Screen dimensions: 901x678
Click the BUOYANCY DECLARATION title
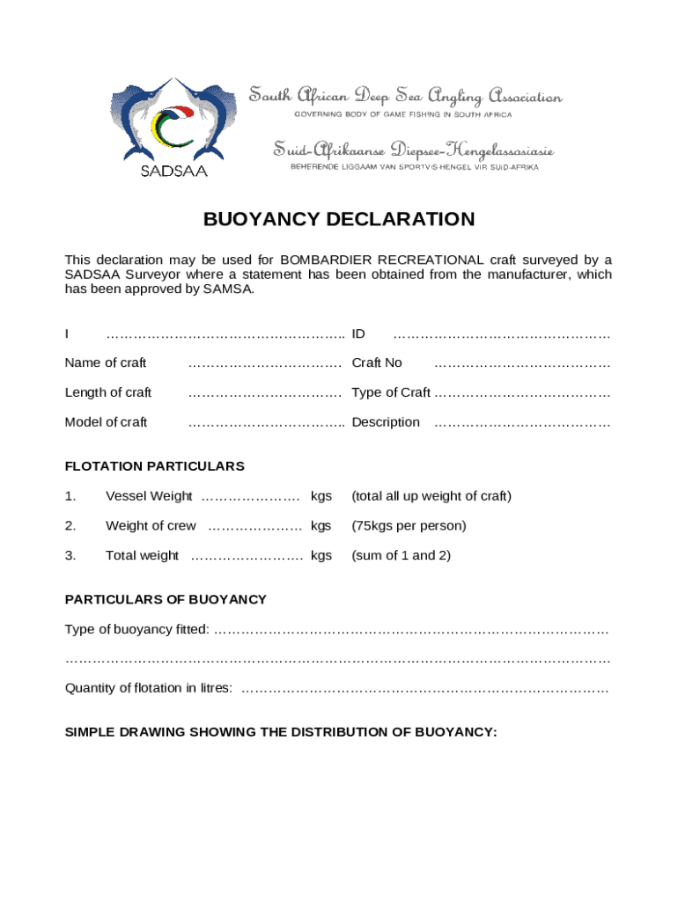click(339, 219)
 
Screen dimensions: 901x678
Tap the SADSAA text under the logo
click(174, 171)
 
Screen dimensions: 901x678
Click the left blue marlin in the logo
click(141, 119)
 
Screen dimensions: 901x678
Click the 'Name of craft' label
click(106, 363)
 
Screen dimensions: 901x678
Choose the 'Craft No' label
click(377, 363)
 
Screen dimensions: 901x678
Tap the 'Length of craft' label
click(108, 392)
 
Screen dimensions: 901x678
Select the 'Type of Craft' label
click(391, 392)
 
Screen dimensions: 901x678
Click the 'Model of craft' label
click(106, 422)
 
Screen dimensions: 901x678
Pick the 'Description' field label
click(386, 422)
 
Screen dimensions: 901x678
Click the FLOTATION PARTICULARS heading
click(155, 466)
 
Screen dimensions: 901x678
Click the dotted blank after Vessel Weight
click(251, 496)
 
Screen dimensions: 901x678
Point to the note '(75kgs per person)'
click(409, 525)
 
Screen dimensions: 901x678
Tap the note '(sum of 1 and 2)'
click(402, 555)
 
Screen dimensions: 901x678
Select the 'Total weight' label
click(142, 555)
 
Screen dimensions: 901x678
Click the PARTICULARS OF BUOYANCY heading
click(166, 599)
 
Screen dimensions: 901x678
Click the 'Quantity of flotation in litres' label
click(149, 688)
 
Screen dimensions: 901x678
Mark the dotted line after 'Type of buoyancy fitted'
click(411, 629)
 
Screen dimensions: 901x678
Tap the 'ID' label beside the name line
click(358, 333)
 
